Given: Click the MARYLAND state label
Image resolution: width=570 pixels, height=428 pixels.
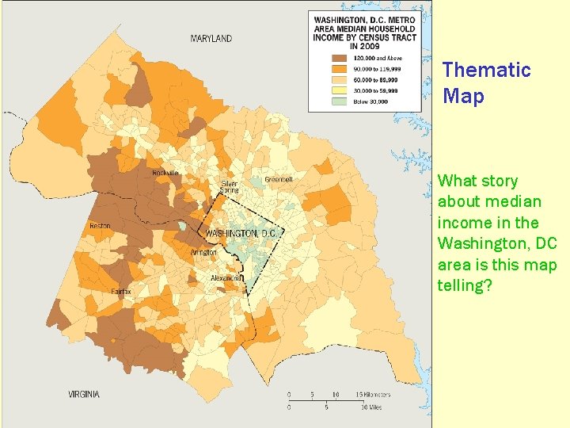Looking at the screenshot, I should point(211,38).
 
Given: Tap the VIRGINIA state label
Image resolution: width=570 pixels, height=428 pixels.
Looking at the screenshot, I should point(84,394).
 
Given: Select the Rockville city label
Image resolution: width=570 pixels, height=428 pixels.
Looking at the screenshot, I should point(165,172).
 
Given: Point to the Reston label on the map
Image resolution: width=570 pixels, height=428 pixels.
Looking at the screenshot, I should point(100,226).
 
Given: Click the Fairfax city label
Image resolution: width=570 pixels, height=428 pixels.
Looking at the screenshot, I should point(121,291).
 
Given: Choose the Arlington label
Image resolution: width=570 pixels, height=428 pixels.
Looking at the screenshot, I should point(203,252).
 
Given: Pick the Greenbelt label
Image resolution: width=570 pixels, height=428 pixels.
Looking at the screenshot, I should point(279,179).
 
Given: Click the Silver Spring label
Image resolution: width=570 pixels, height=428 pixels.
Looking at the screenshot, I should point(230,187).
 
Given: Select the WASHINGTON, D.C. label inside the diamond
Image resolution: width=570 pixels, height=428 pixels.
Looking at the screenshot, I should point(241,233).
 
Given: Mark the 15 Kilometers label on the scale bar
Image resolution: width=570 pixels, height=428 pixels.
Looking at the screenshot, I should point(372,393).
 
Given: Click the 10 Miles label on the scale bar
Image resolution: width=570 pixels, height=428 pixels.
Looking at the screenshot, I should point(370,408).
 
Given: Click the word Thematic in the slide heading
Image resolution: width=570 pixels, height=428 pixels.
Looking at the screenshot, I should point(486,70).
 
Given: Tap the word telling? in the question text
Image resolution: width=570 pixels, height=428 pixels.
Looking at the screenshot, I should point(465,285).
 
